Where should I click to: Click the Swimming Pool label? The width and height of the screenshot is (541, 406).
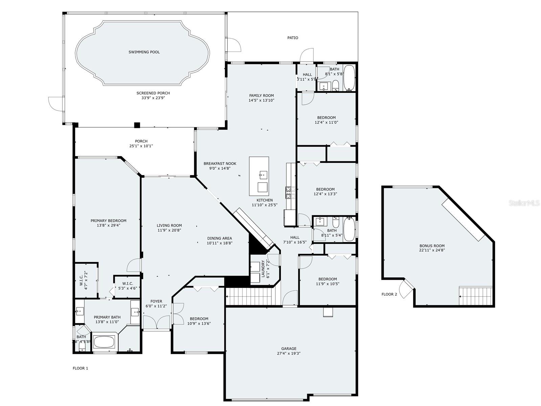tap(144, 52)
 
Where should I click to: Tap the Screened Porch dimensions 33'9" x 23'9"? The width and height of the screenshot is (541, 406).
tap(153, 98)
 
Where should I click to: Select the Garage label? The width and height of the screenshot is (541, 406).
tap(289, 348)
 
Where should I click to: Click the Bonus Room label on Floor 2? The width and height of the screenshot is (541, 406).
tap(432, 246)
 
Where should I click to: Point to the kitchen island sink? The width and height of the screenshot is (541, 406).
tap(263, 175)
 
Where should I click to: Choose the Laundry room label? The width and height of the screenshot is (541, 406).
tap(263, 269)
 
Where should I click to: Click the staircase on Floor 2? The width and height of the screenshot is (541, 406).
tap(475, 296)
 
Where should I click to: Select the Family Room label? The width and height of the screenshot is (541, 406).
tap(262, 95)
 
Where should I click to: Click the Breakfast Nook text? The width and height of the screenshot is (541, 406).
tap(220, 164)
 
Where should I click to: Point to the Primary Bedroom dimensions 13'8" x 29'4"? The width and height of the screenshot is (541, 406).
tap(108, 225)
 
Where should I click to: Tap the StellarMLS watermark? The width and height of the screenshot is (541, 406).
tap(525, 203)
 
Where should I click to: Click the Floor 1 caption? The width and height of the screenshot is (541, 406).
tap(80, 368)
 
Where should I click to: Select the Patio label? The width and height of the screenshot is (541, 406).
tap(293, 38)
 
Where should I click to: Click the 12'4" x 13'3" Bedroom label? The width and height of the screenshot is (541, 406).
tap(325, 189)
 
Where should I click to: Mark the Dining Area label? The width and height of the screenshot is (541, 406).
tap(220, 238)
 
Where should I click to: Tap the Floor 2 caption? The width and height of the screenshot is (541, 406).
tap(389, 294)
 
